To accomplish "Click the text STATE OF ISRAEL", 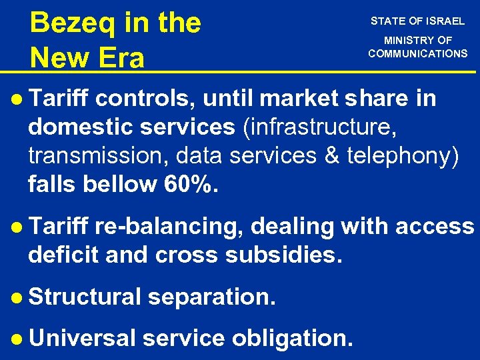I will (418, 21).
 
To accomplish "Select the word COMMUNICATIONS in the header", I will (418, 53).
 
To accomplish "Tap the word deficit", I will (64, 255).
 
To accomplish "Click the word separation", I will (211, 297).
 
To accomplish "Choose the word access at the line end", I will (434, 227).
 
